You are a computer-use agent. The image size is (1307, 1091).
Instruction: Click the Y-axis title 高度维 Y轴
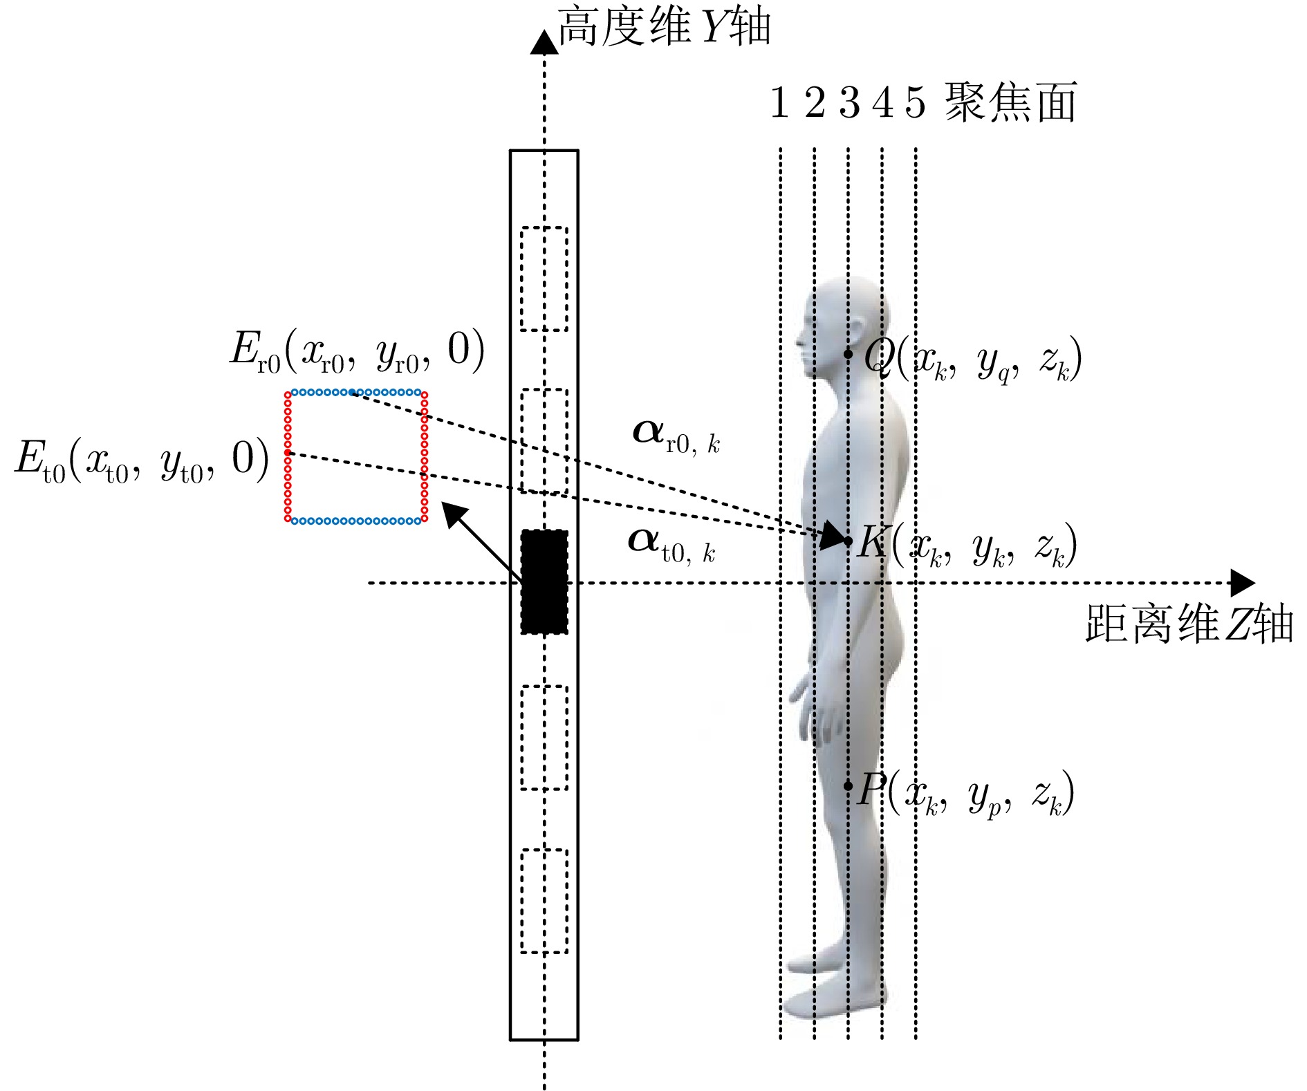click(663, 27)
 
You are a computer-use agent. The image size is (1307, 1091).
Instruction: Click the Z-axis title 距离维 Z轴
click(1189, 624)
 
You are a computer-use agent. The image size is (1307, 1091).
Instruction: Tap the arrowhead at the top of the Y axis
click(544, 41)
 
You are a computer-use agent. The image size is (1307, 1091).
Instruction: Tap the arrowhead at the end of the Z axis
click(1243, 583)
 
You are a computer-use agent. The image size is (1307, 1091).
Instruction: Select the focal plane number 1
click(779, 102)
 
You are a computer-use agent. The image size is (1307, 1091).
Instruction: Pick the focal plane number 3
click(849, 102)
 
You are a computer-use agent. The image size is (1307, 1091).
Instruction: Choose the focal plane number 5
click(915, 102)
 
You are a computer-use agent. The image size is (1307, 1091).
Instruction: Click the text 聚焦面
click(1010, 102)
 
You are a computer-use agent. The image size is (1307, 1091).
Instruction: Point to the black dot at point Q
click(848, 354)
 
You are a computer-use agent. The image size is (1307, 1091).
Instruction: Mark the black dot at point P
click(848, 785)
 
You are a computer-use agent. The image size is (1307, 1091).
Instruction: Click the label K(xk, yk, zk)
click(967, 545)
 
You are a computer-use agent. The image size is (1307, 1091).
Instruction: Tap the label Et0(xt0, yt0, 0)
click(142, 461)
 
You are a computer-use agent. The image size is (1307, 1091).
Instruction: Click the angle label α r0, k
click(676, 437)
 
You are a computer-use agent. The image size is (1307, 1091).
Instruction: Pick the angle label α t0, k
click(671, 545)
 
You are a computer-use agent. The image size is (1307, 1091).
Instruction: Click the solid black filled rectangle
click(544, 581)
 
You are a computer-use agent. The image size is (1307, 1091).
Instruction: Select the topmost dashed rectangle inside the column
click(544, 279)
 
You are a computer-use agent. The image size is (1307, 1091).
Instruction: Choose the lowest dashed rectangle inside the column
click(544, 901)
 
